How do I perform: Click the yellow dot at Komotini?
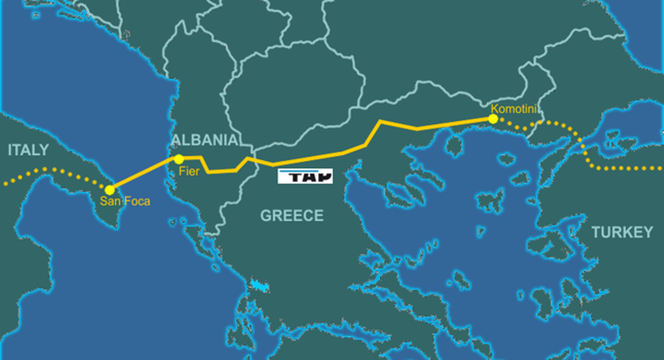pos(493,119)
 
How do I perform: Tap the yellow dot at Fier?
pos(179,159)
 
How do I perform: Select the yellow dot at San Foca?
pos(109,190)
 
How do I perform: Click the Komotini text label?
pos(514,109)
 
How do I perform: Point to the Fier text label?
pos(189,171)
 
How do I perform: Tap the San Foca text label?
pos(125,202)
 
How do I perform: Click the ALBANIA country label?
pos(205,140)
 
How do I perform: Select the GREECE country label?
pos(292,215)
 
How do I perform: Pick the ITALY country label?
pos(28,150)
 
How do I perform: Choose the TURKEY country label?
pos(622,232)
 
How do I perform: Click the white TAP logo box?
pos(305,176)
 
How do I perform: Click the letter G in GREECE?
pos(266,215)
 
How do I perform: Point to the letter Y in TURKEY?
pos(648,232)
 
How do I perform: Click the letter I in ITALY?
pos(10,150)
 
